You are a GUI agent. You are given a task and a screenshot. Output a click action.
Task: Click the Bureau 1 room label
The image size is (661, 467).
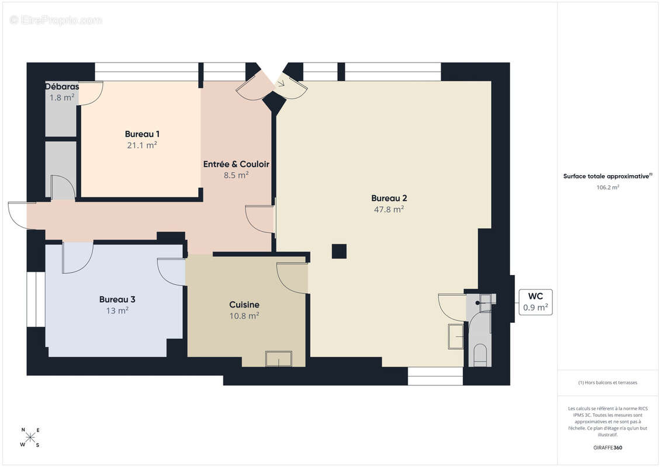142,134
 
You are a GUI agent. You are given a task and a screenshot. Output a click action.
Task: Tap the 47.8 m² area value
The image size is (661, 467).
389,209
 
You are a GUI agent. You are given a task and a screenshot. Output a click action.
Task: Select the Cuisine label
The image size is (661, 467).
244,305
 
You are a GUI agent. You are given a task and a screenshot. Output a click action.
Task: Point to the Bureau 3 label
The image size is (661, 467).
117,299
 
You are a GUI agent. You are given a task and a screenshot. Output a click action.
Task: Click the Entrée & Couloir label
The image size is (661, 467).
236,164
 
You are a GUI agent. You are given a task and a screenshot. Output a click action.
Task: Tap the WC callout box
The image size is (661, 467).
535,302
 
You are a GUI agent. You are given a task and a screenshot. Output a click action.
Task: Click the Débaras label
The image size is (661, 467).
62,86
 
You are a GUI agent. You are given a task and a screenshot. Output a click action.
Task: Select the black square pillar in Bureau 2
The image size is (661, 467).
339,252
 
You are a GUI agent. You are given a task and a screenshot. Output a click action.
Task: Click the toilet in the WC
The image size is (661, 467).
480,354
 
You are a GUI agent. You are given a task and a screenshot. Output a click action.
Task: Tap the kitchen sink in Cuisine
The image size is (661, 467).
279,359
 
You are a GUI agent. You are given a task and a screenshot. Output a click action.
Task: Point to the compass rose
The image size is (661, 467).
30,437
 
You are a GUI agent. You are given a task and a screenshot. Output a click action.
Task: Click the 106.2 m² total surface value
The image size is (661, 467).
607,187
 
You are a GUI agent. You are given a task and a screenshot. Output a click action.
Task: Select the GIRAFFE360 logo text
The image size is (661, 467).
607,448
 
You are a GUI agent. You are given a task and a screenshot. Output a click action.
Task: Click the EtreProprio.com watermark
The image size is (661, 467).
56,20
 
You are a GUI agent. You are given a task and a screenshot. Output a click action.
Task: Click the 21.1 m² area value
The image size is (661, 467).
142,145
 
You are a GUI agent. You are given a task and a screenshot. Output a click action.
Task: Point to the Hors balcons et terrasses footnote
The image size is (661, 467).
607,382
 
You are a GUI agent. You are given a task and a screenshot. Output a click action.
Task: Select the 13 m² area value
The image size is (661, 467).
117,311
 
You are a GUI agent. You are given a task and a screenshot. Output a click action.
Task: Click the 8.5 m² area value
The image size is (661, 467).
236,175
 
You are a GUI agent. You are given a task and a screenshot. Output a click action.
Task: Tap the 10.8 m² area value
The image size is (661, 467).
244,315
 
